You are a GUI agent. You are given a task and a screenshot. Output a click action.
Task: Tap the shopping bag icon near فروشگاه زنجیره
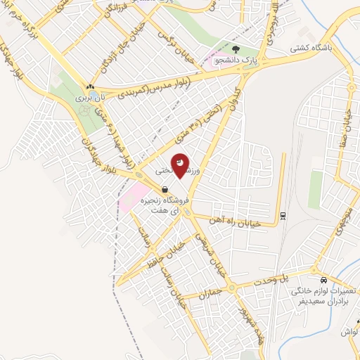coord(164,189)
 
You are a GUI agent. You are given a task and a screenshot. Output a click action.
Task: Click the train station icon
coord(282,214)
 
